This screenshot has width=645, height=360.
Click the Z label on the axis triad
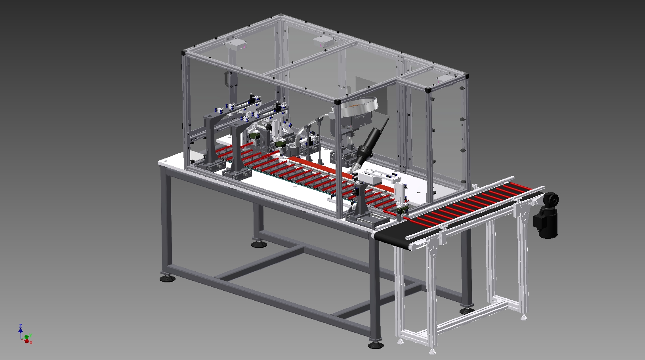tap(21, 326)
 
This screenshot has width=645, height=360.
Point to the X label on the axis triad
tap(31, 343)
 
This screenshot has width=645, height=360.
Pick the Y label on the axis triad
tap(30, 335)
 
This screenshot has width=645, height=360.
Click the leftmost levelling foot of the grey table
tap(167, 278)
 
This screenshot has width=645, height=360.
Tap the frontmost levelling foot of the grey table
tap(376, 345)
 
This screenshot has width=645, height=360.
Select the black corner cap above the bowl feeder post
tap(338, 102)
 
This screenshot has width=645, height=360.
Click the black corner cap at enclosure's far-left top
tap(183, 53)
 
